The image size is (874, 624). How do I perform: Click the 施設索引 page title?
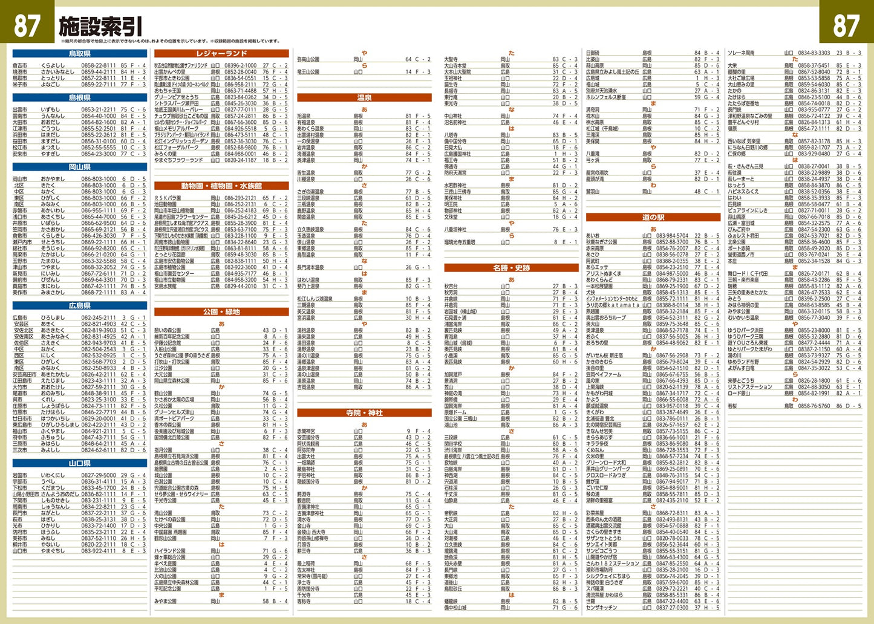pos(101,26)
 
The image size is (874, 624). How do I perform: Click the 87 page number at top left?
pos(27,25)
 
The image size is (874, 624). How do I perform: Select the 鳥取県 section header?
pos(79,54)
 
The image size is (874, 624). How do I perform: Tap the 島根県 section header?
pos(79,98)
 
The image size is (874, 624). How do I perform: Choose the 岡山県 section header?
pos(79,167)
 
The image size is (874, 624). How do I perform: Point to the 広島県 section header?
pos(79,306)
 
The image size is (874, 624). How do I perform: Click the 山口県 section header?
pos(79,464)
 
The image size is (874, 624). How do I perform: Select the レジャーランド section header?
pos(221,54)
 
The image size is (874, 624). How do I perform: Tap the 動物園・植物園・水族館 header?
pos(221,186)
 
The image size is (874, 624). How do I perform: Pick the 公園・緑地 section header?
pos(221,312)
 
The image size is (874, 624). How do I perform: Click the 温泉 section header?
pos(364,98)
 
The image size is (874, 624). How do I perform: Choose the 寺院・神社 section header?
pos(364,413)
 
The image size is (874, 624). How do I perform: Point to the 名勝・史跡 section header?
pos(511,268)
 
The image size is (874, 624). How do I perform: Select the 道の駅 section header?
pos(653,218)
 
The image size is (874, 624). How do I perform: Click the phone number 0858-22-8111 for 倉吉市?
pos(99,65)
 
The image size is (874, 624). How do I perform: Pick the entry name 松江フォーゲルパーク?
pos(180,148)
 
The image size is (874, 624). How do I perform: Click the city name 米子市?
pos(20,85)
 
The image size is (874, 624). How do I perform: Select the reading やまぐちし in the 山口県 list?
pos(55,551)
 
